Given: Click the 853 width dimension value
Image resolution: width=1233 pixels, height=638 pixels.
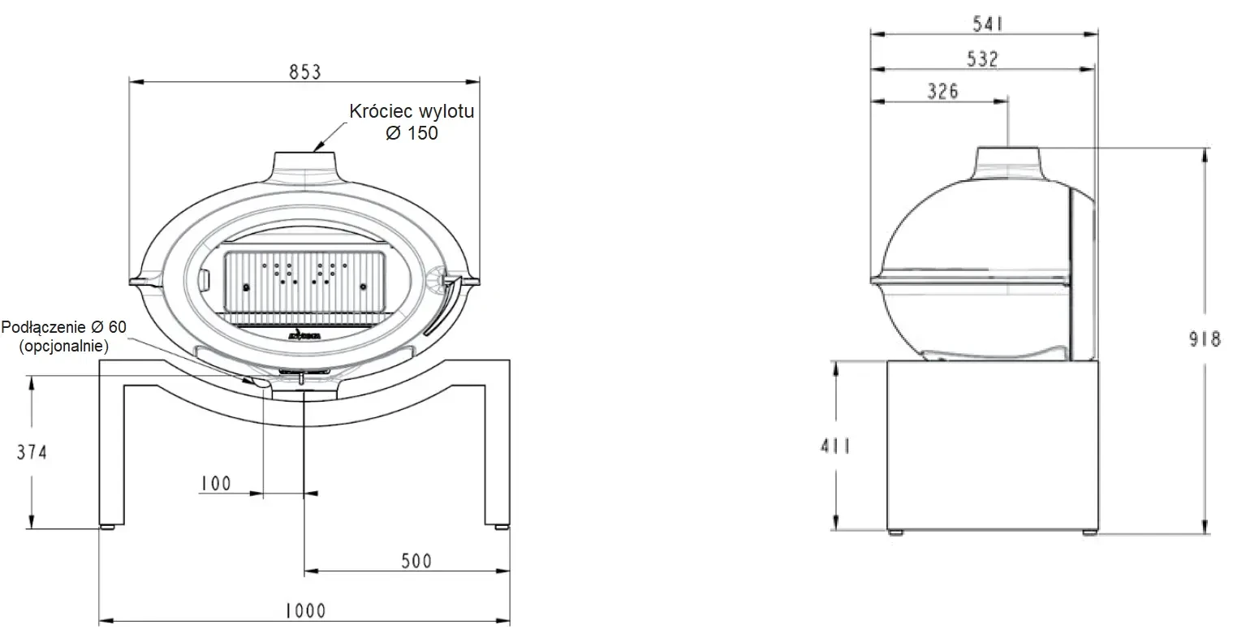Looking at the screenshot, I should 305,71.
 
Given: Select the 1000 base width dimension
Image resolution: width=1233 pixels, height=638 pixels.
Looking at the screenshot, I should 305,610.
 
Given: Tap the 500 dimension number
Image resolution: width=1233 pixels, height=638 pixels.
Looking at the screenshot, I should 416,560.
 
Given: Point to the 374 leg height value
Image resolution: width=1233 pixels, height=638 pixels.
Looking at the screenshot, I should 32,452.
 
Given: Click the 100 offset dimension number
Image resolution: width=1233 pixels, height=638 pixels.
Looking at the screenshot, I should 215,484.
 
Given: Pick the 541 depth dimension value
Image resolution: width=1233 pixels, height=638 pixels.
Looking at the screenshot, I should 988,24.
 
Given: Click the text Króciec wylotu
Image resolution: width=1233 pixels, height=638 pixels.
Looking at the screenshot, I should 411,111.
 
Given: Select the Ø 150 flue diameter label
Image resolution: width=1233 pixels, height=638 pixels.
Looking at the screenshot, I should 412,132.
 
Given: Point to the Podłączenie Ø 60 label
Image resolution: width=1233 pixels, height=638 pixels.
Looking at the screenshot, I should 65,326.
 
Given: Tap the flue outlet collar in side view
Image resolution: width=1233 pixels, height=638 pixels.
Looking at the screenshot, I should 1008,158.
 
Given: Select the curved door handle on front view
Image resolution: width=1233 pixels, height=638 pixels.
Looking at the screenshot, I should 443,308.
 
